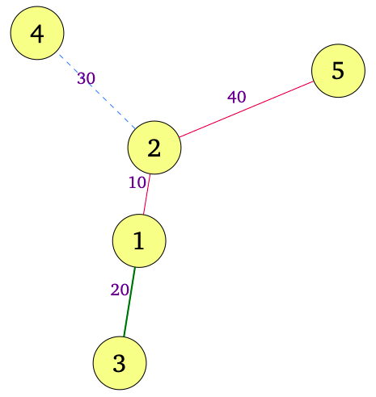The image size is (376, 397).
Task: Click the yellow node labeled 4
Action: coord(37,33)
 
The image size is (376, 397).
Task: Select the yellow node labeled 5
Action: coord(338,71)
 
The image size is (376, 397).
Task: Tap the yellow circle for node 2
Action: coord(154,148)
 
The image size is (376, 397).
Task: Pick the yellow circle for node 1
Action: coord(139,240)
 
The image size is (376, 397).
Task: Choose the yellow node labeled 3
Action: coord(120,363)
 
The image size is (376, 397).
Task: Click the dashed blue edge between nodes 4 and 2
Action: coord(97,92)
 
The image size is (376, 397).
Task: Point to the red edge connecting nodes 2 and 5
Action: coord(246,109)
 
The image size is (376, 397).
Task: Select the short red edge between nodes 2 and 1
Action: coord(146,194)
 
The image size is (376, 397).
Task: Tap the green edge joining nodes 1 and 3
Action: coord(129,302)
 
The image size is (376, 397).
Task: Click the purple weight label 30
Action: coord(87,78)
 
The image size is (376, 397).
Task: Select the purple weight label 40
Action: coord(237,97)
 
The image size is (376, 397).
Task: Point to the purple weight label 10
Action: coord(137,182)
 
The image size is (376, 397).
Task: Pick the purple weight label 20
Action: coord(120,290)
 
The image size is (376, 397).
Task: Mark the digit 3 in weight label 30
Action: coord(82,78)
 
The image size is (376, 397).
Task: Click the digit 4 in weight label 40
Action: coord(232,97)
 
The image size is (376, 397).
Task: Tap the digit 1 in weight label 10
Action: coord(133,182)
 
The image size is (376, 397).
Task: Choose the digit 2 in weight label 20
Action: coord(115,290)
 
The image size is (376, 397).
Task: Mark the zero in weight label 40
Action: coord(242,97)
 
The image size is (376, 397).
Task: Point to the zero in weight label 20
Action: coord(125,290)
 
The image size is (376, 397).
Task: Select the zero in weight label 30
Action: coord(91,78)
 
